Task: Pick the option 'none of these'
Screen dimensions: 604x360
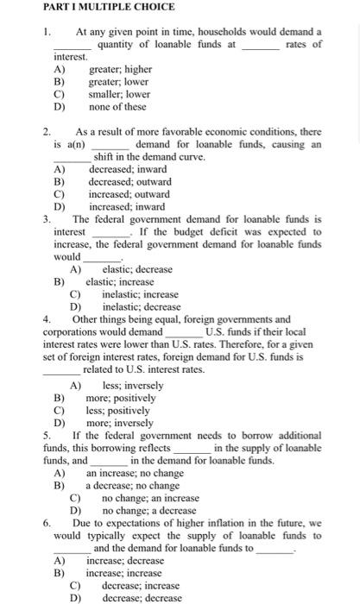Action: click(117, 107)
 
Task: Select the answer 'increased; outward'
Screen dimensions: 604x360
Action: click(129, 194)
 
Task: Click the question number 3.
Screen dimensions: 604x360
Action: click(47, 219)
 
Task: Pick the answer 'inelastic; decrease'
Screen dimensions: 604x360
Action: click(142, 306)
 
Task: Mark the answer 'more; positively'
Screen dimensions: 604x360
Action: click(121, 399)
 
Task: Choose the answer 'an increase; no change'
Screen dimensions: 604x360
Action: click(135, 473)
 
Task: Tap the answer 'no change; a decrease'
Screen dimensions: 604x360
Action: click(150, 510)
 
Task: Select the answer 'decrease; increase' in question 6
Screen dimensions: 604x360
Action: click(141, 585)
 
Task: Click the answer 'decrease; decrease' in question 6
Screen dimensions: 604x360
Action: click(141, 597)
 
